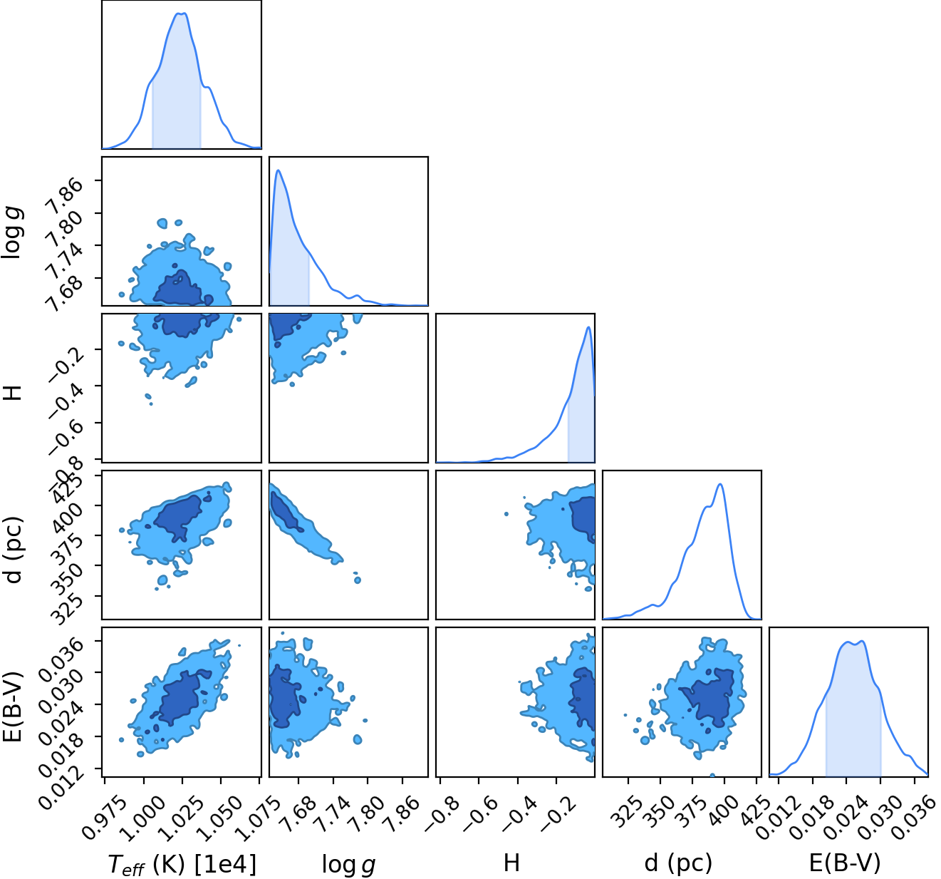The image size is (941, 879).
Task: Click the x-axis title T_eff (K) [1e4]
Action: click(x=182, y=864)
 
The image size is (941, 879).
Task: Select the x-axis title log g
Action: click(x=348, y=865)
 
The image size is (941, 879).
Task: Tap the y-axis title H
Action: click(x=13, y=392)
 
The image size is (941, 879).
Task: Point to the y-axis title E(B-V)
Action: click(x=13, y=705)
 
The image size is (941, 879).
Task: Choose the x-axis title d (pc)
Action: click(x=678, y=863)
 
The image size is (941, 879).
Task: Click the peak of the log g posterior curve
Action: click(x=279, y=170)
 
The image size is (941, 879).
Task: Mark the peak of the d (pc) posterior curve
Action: click(x=720, y=484)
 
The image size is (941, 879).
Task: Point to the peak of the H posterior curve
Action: click(x=588, y=327)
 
